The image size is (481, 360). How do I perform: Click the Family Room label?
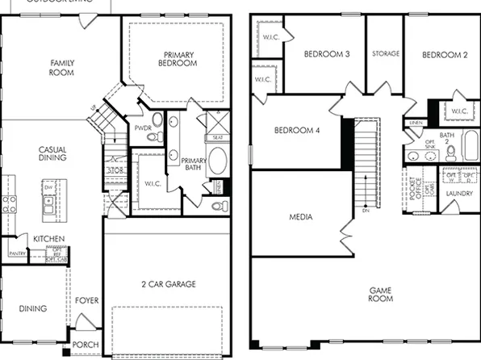tap(62, 67)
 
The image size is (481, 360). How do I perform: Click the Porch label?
tap(86, 345)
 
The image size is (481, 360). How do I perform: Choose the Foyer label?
tap(87, 301)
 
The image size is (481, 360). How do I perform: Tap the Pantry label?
tap(17, 253)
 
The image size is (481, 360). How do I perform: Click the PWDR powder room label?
tap(143, 128)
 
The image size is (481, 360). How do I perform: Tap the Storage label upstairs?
tap(386, 54)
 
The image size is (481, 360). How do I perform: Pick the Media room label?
tap(300, 218)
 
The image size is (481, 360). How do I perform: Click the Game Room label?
tap(381, 294)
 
